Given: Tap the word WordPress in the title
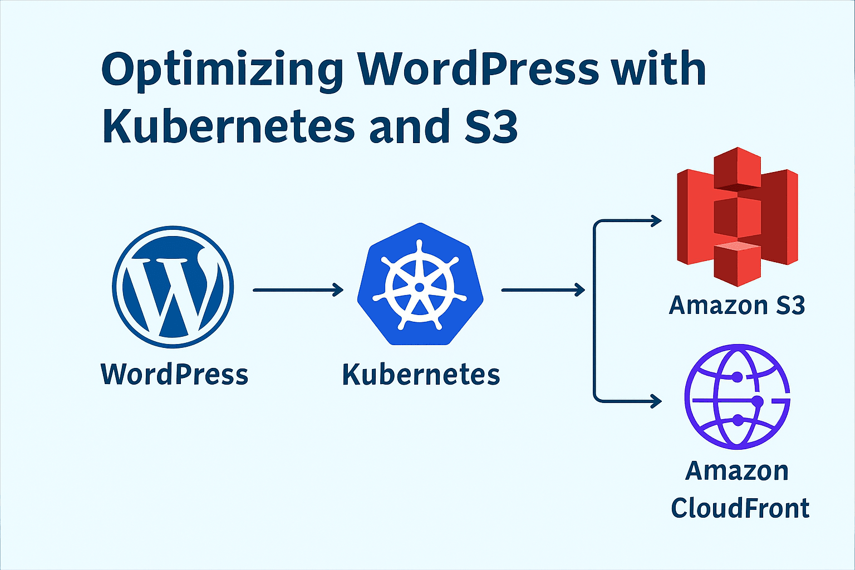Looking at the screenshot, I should [478, 69].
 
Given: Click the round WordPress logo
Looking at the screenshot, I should [173, 287].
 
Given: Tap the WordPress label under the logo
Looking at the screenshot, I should [174, 374].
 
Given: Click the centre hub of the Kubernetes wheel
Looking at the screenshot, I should [420, 287].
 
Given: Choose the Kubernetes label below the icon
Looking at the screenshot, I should [421, 374].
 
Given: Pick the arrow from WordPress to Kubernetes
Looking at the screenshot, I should [298, 289].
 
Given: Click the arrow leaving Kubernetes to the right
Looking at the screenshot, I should [543, 289].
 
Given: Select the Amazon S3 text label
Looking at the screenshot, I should [737, 305].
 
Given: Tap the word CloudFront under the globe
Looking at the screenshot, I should [740, 508].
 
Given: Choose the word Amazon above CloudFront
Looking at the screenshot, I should [737, 471].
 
